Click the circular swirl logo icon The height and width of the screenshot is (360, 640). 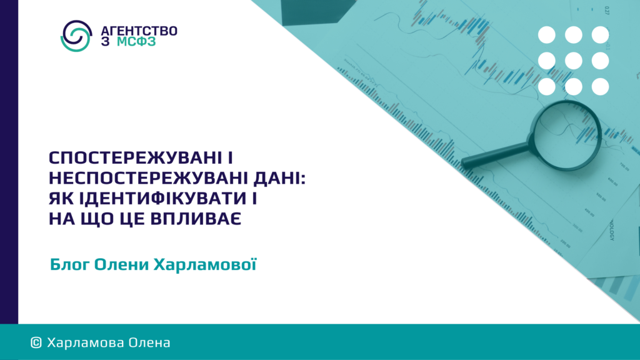click(x=76, y=36)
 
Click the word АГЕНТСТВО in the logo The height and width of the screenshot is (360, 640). click(x=139, y=31)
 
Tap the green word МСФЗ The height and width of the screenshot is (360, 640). click(x=136, y=42)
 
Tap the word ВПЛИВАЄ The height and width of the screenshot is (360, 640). click(x=196, y=219)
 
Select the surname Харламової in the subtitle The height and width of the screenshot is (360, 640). click(x=205, y=264)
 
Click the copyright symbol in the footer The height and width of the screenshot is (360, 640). click(x=36, y=343)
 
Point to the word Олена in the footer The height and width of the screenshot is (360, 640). click(x=149, y=343)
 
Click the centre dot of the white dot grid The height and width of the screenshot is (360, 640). click(x=574, y=61)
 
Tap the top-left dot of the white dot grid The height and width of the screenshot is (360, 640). click(x=546, y=35)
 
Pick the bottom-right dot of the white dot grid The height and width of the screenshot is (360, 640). click(x=601, y=87)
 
